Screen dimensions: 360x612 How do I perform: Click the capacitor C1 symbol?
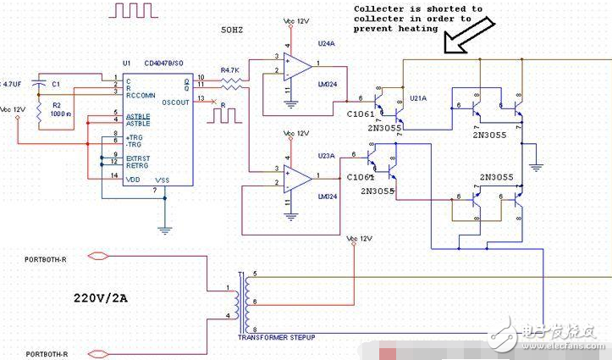tap(38, 84)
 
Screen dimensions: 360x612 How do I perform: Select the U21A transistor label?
tap(417, 98)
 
